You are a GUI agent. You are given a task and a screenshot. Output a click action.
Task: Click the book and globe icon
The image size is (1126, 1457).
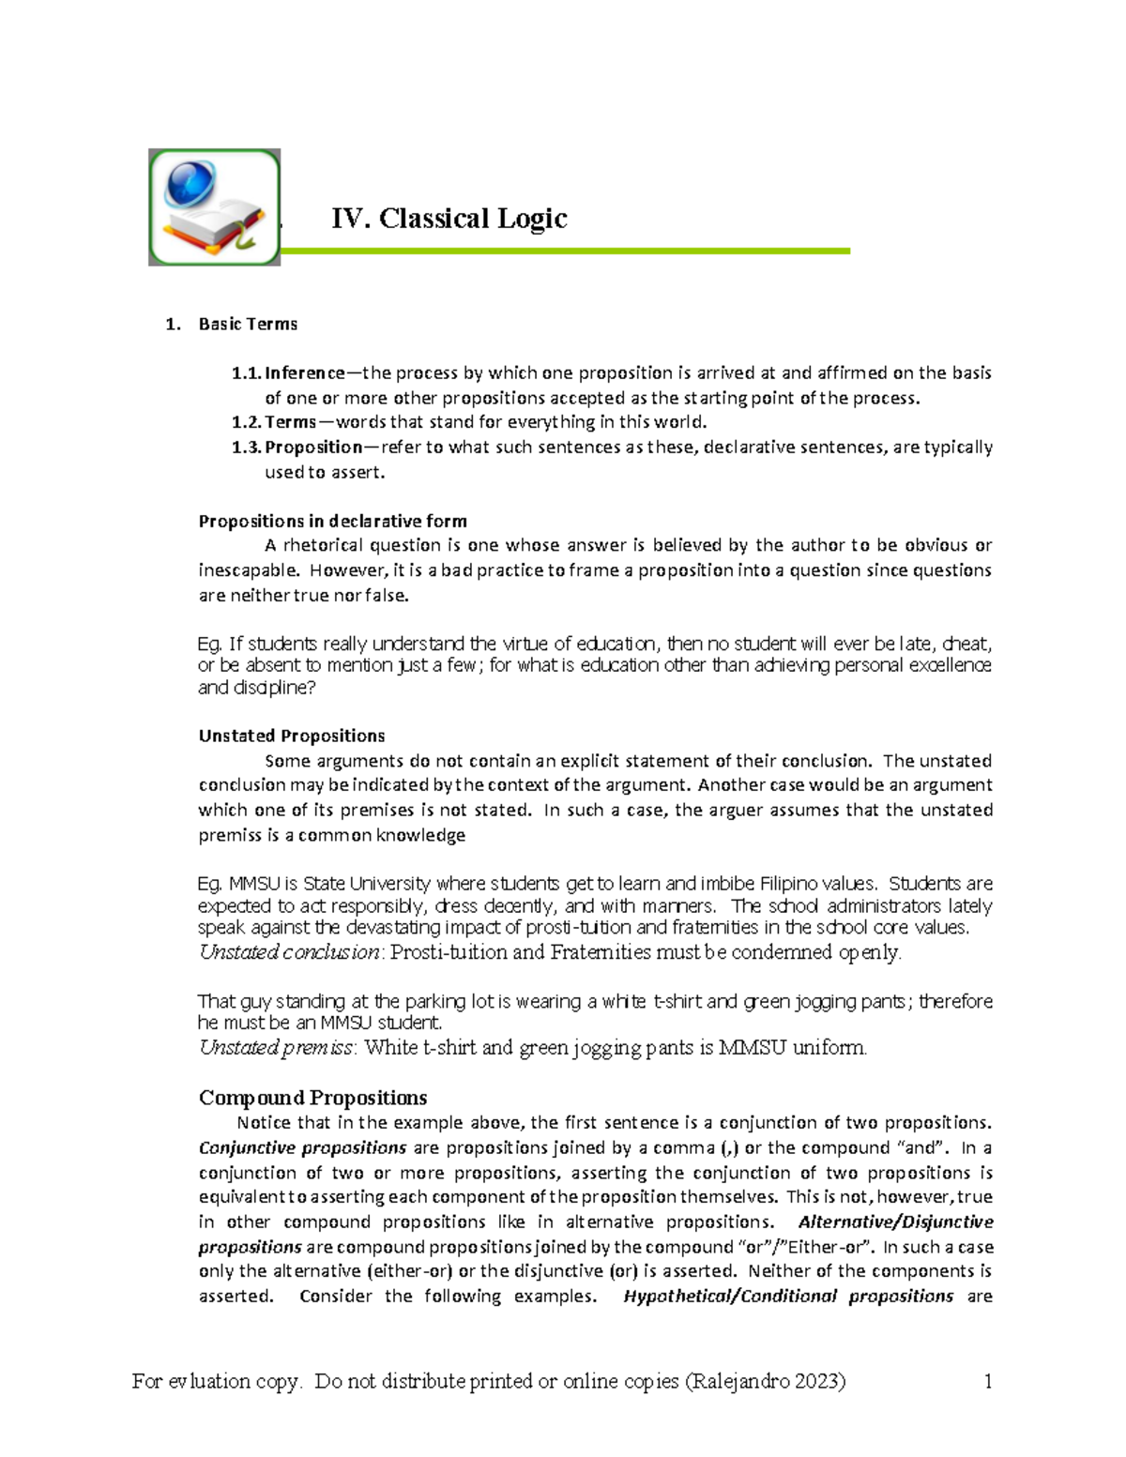pos(214,207)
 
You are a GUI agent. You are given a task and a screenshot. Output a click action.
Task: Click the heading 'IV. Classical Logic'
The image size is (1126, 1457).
pos(449,219)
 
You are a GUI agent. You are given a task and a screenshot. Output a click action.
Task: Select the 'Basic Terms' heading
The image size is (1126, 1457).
pos(248,325)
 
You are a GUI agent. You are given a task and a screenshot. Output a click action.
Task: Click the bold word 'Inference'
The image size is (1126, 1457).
pos(305,373)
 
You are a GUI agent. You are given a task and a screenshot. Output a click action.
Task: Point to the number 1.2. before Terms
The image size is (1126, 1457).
pos(246,422)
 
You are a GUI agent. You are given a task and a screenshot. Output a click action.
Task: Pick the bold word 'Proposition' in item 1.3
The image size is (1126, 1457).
pos(313,448)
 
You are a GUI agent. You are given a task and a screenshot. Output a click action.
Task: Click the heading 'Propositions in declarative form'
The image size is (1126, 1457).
pos(332,522)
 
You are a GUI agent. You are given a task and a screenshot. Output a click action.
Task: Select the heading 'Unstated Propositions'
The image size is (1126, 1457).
pos(292,736)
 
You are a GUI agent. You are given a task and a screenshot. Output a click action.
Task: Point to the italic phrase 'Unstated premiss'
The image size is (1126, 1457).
pos(277,1048)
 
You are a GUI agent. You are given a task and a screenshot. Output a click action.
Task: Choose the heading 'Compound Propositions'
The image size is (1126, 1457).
pos(312,1098)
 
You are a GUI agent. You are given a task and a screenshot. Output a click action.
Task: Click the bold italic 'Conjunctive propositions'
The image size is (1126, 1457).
pos(302,1148)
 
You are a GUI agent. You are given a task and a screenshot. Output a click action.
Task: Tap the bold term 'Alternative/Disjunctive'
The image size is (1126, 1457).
pos(895,1222)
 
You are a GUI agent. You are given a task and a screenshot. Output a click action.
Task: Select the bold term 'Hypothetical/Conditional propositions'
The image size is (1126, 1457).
pos(788,1297)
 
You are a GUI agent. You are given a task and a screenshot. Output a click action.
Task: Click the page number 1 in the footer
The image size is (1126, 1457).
pos(987,1381)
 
